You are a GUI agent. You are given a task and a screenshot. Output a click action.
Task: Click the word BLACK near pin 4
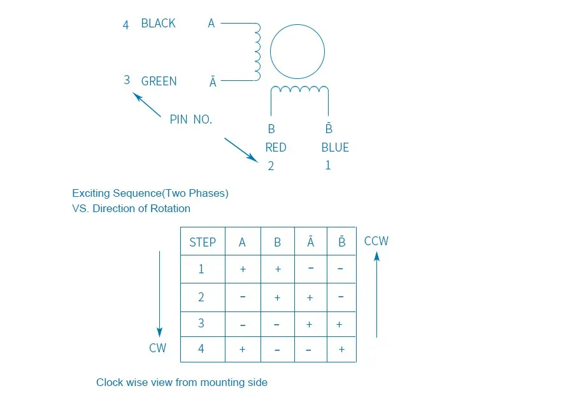click(x=158, y=24)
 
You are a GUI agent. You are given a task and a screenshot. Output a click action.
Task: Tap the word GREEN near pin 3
click(x=159, y=81)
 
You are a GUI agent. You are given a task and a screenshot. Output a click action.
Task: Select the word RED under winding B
click(x=276, y=147)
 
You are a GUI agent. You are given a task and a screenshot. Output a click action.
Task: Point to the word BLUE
click(x=335, y=147)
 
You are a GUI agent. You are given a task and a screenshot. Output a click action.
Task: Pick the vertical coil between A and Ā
click(x=257, y=52)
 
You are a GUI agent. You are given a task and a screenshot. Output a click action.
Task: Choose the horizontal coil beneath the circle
click(x=299, y=90)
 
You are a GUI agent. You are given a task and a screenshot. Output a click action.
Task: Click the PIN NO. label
click(x=190, y=119)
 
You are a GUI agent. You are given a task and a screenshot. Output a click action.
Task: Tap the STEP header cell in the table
click(x=203, y=242)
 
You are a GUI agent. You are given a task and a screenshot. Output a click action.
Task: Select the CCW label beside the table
click(x=376, y=241)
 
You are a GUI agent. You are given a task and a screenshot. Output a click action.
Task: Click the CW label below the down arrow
click(x=158, y=348)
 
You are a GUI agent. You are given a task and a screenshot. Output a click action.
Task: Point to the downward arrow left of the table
click(x=159, y=294)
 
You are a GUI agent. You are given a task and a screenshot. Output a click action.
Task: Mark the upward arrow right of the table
click(x=377, y=294)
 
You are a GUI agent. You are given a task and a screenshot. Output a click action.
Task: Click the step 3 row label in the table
click(x=201, y=324)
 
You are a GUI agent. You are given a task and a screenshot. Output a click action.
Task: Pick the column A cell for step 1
click(x=243, y=269)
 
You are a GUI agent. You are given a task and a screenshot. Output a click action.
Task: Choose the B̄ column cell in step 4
click(x=341, y=350)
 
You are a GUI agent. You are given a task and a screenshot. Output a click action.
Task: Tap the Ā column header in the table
click(x=310, y=242)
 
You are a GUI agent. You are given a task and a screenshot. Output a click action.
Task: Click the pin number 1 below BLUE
click(x=328, y=165)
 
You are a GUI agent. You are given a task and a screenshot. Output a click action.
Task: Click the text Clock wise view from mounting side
click(x=182, y=382)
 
